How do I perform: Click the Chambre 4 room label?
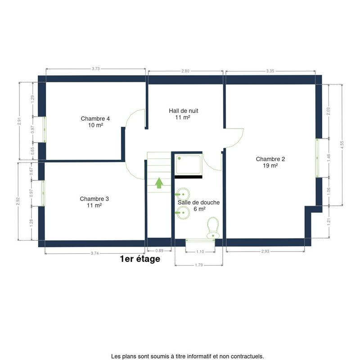coord(95,122)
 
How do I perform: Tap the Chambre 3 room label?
coord(94,202)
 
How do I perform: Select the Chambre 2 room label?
coord(270,162)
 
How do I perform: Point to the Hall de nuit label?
coord(184,114)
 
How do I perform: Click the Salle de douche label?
coord(198,206)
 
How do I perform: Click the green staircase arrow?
coord(159,183)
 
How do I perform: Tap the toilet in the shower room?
coord(213,228)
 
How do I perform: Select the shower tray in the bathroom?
coord(189,164)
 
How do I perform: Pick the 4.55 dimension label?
coord(342,145)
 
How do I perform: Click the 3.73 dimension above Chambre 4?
coord(96,69)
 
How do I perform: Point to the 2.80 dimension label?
coord(185,71)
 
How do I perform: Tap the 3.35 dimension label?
coord(270,71)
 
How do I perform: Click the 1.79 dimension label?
coord(199,265)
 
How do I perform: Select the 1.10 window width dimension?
coord(200,252)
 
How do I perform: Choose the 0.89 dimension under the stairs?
coord(159,251)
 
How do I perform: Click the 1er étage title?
coord(140,259)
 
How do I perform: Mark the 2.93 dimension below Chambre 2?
coord(265,251)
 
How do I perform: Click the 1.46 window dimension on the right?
coord(328,158)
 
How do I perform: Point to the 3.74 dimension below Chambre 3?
coord(95,253)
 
